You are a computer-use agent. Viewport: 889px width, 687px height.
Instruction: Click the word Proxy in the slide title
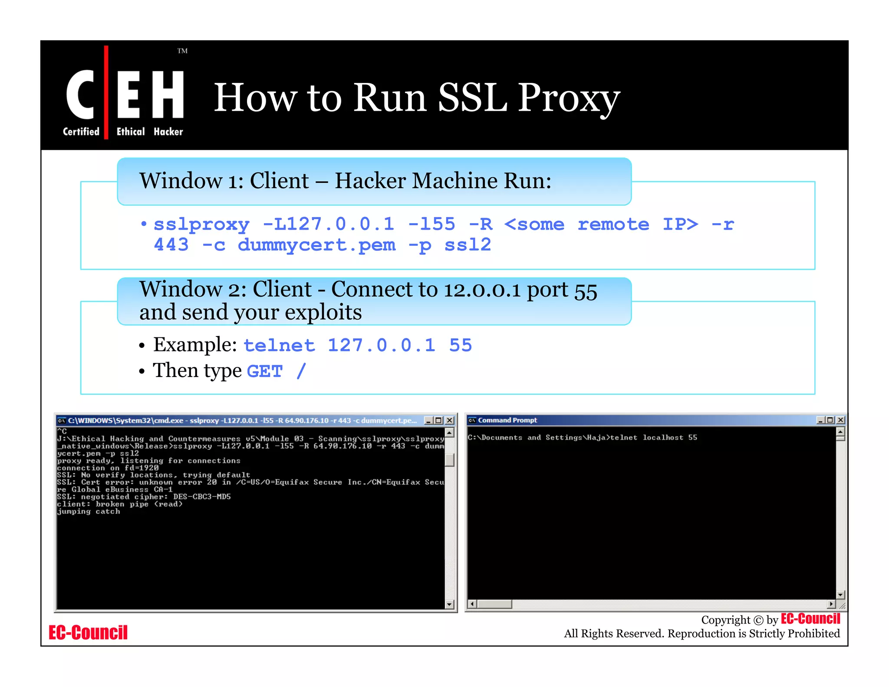(x=569, y=98)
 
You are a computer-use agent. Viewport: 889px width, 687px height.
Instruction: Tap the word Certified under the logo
(x=81, y=132)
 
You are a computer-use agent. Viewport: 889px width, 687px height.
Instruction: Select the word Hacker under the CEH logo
(x=168, y=132)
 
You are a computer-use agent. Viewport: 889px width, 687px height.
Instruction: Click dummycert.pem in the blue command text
(x=316, y=245)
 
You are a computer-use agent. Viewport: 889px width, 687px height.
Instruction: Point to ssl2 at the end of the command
(x=468, y=245)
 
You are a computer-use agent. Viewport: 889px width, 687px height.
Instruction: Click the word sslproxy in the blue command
(x=201, y=225)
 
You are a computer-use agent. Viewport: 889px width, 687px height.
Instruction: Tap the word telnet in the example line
(x=279, y=346)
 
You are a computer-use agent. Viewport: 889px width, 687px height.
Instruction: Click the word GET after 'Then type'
(x=265, y=372)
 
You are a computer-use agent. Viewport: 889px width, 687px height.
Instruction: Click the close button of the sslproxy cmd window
(x=450, y=420)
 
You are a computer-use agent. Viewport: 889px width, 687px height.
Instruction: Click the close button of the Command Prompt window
(x=841, y=420)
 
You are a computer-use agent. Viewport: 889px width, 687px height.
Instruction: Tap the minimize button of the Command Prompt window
(x=820, y=420)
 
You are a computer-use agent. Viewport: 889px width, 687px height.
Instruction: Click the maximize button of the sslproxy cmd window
(x=439, y=420)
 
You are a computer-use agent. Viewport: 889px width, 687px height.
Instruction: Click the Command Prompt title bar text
(x=507, y=420)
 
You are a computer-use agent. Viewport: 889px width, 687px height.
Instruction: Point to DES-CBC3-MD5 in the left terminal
(x=202, y=496)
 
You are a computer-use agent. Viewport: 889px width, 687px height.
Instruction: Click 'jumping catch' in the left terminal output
(x=89, y=511)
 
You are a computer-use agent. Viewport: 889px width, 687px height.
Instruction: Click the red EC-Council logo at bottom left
(x=88, y=633)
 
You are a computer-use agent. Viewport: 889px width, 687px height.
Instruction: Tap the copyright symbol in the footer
(x=758, y=620)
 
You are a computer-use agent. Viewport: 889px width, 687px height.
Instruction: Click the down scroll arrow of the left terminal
(x=449, y=604)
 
